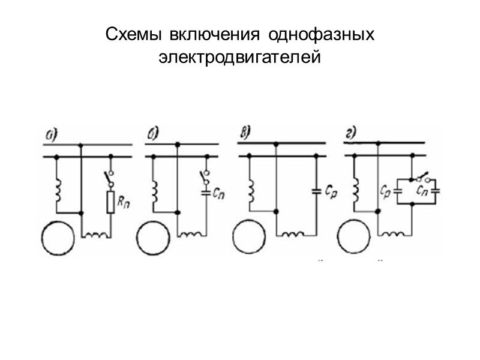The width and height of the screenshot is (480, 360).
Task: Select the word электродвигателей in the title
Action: click(x=240, y=58)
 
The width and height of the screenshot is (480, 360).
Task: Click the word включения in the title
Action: click(x=218, y=34)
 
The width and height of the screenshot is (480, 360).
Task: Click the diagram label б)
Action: click(x=152, y=133)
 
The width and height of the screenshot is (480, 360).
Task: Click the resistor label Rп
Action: click(x=124, y=203)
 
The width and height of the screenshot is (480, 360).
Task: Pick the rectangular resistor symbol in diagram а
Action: click(x=110, y=202)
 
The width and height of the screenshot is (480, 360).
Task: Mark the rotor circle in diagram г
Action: click(x=356, y=238)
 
